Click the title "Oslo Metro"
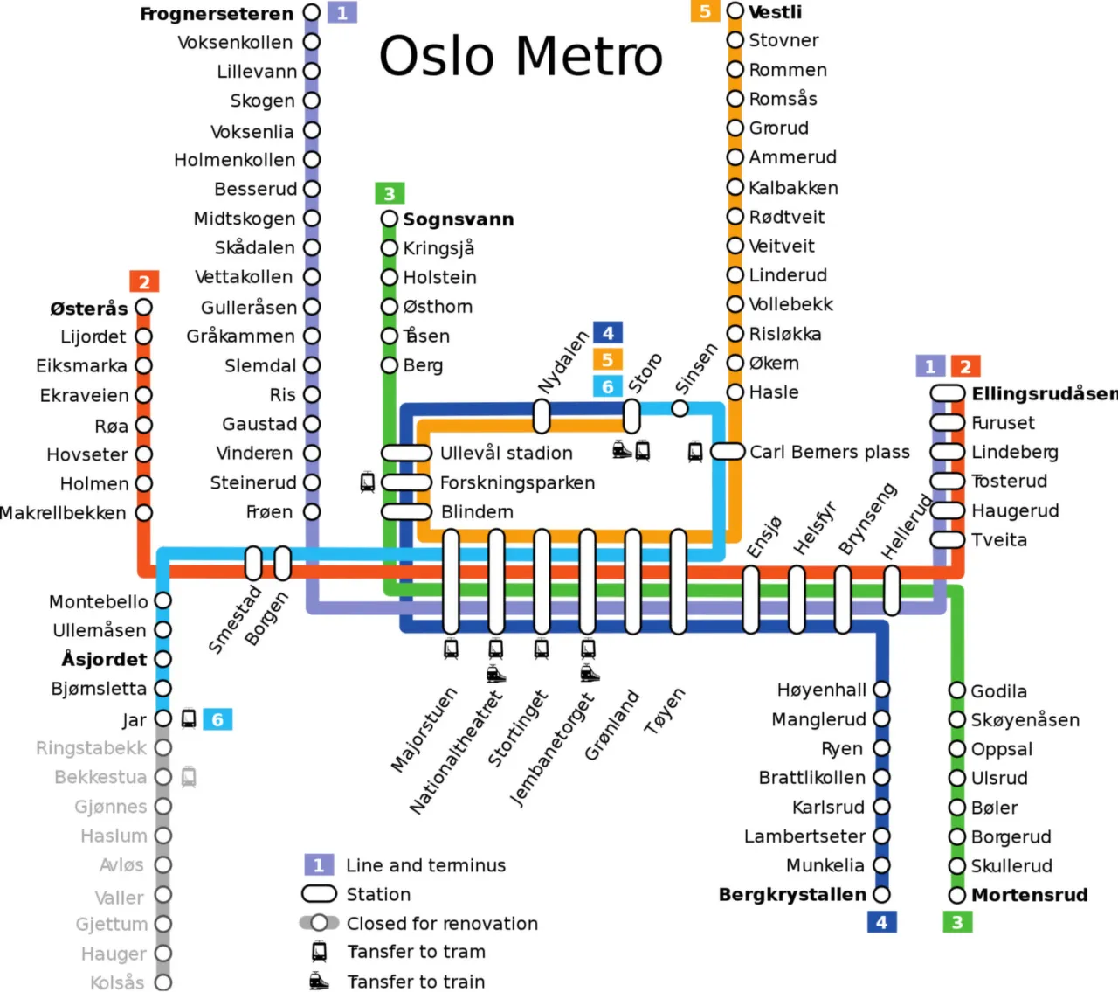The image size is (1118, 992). click(521, 57)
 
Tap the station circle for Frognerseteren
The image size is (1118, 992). click(312, 13)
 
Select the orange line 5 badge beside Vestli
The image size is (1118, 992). click(704, 11)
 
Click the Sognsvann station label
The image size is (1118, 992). click(459, 219)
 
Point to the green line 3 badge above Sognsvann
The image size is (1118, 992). click(390, 193)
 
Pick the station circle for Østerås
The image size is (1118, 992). click(144, 308)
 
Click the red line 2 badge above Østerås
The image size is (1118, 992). click(144, 281)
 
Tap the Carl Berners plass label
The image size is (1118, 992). click(830, 452)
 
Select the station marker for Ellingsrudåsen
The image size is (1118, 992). click(947, 393)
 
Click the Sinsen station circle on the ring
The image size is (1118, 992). click(680, 408)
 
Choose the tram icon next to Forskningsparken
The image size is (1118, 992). click(368, 482)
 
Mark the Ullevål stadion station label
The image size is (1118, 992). click(507, 453)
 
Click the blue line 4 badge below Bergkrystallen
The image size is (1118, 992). click(881, 922)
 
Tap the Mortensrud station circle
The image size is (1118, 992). click(957, 895)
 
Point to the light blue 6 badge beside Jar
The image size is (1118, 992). click(217, 719)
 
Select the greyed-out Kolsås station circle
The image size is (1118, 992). click(163, 982)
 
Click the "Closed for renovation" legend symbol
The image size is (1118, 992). click(319, 923)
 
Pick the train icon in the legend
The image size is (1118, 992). click(320, 982)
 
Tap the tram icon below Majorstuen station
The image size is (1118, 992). click(451, 649)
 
